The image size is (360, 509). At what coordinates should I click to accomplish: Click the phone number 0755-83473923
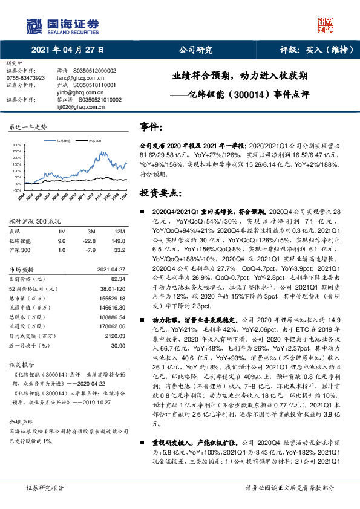[x=25, y=79]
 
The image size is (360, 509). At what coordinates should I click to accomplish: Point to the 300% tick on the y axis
[x=16, y=146]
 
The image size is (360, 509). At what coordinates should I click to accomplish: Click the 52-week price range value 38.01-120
[x=112, y=288]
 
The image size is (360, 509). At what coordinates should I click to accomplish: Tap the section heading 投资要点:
[x=160, y=193]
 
